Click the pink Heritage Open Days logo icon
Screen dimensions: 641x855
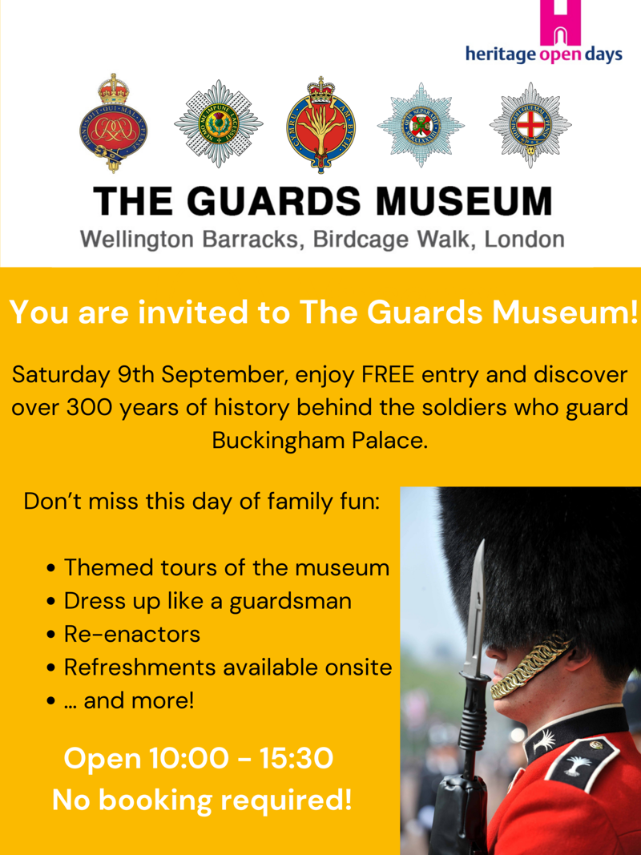(560, 22)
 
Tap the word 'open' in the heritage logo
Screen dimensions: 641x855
(561, 55)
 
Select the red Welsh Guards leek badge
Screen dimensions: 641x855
(320, 125)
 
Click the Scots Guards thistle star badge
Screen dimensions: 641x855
(219, 123)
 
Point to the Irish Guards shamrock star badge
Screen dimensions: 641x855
(421, 124)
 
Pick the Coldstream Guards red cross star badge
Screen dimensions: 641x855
(530, 125)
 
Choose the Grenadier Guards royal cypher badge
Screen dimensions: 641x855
(113, 123)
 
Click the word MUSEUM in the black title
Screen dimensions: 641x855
(464, 200)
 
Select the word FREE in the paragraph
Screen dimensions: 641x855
(388, 375)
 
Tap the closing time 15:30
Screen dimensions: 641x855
(296, 759)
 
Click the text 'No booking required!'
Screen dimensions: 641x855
(202, 800)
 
